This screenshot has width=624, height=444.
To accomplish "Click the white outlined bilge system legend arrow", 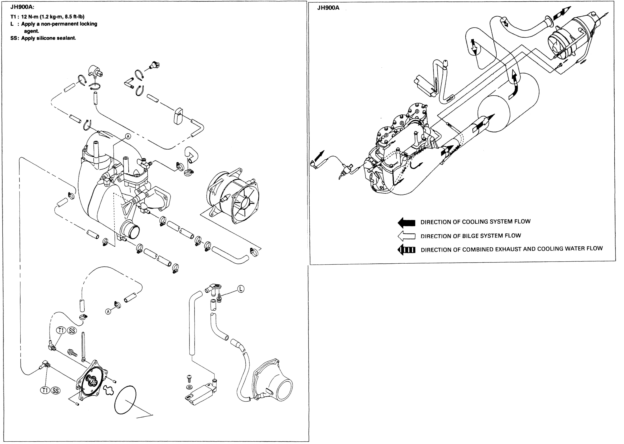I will pos(406,236).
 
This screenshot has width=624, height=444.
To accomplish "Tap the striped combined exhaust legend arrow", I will pos(406,250).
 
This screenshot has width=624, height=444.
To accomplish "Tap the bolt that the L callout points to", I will pos(219,298).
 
